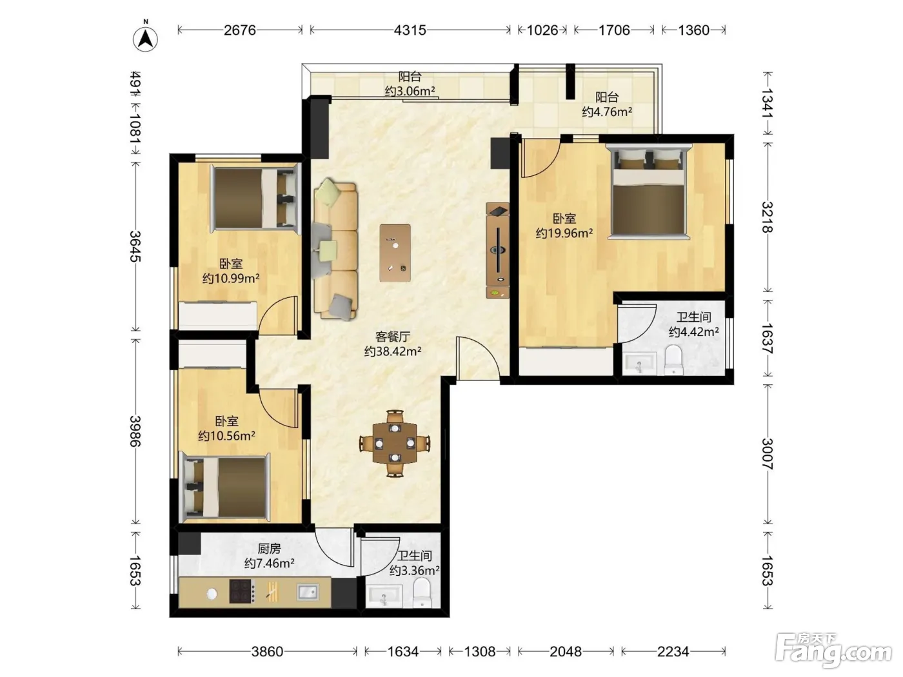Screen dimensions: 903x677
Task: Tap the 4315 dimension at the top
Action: (x=410, y=30)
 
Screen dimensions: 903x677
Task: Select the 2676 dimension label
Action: (x=239, y=30)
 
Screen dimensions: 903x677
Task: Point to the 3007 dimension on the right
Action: (x=768, y=454)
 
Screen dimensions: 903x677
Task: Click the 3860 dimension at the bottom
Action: (x=267, y=651)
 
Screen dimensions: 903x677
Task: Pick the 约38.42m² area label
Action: (x=392, y=351)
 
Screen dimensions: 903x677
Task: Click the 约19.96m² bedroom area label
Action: (x=564, y=233)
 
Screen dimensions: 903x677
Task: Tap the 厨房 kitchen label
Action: (x=269, y=548)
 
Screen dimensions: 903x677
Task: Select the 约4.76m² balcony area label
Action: (x=607, y=112)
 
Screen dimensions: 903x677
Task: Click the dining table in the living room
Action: (x=395, y=444)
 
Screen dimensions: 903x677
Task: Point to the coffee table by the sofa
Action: (x=395, y=253)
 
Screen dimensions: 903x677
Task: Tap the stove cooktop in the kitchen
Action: (x=242, y=591)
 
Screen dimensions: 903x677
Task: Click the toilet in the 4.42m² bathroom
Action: (x=673, y=360)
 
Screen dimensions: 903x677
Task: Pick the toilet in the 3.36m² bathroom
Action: (x=421, y=593)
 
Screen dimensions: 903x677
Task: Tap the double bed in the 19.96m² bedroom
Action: (x=649, y=191)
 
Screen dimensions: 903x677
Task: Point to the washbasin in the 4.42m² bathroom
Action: (x=639, y=364)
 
